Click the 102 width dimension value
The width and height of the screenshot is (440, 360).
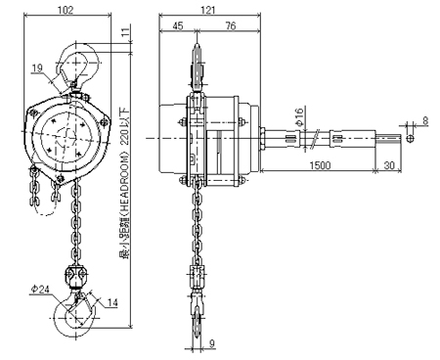66,10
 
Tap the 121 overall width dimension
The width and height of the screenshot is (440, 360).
208,10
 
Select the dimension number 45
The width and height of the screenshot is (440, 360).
177,25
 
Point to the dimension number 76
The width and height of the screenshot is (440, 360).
230,25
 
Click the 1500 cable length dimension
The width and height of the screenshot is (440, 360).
320,165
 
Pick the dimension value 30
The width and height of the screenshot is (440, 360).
389,165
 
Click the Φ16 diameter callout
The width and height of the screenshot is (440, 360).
299,116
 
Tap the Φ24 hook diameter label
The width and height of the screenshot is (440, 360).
40,289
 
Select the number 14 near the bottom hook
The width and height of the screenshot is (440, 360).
112,302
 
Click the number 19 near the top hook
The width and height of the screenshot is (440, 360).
37,67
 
